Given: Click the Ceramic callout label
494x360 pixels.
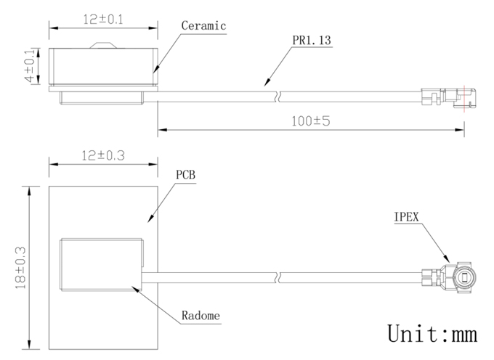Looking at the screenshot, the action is (x=203, y=25).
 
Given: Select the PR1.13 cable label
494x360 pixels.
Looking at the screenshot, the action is (x=312, y=40).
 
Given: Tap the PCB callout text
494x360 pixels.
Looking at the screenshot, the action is (x=185, y=175).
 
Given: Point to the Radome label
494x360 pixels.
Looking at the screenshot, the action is (x=201, y=315).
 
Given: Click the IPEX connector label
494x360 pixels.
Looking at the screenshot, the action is (x=406, y=217).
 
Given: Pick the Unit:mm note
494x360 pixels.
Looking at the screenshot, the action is (x=432, y=333).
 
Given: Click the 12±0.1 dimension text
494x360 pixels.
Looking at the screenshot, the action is (x=103, y=20).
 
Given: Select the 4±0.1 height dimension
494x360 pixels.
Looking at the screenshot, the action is (x=30, y=66).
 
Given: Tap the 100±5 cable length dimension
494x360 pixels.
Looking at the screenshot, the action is (x=311, y=121).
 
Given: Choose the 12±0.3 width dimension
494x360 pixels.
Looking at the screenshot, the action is (x=103, y=155).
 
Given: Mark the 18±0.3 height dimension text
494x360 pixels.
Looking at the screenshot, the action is (x=21, y=268).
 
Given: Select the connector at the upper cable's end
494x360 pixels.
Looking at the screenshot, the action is (x=449, y=98).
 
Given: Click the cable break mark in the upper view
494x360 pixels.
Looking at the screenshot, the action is (x=278, y=97).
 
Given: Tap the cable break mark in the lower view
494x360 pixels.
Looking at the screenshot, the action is (x=278, y=277).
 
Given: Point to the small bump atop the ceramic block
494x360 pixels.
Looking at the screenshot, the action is (x=103, y=45).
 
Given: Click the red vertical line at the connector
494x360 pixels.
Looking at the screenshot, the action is (x=464, y=99).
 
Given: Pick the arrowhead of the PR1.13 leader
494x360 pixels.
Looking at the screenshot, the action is (x=267, y=82).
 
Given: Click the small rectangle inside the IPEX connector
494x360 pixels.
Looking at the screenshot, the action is (x=465, y=278).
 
